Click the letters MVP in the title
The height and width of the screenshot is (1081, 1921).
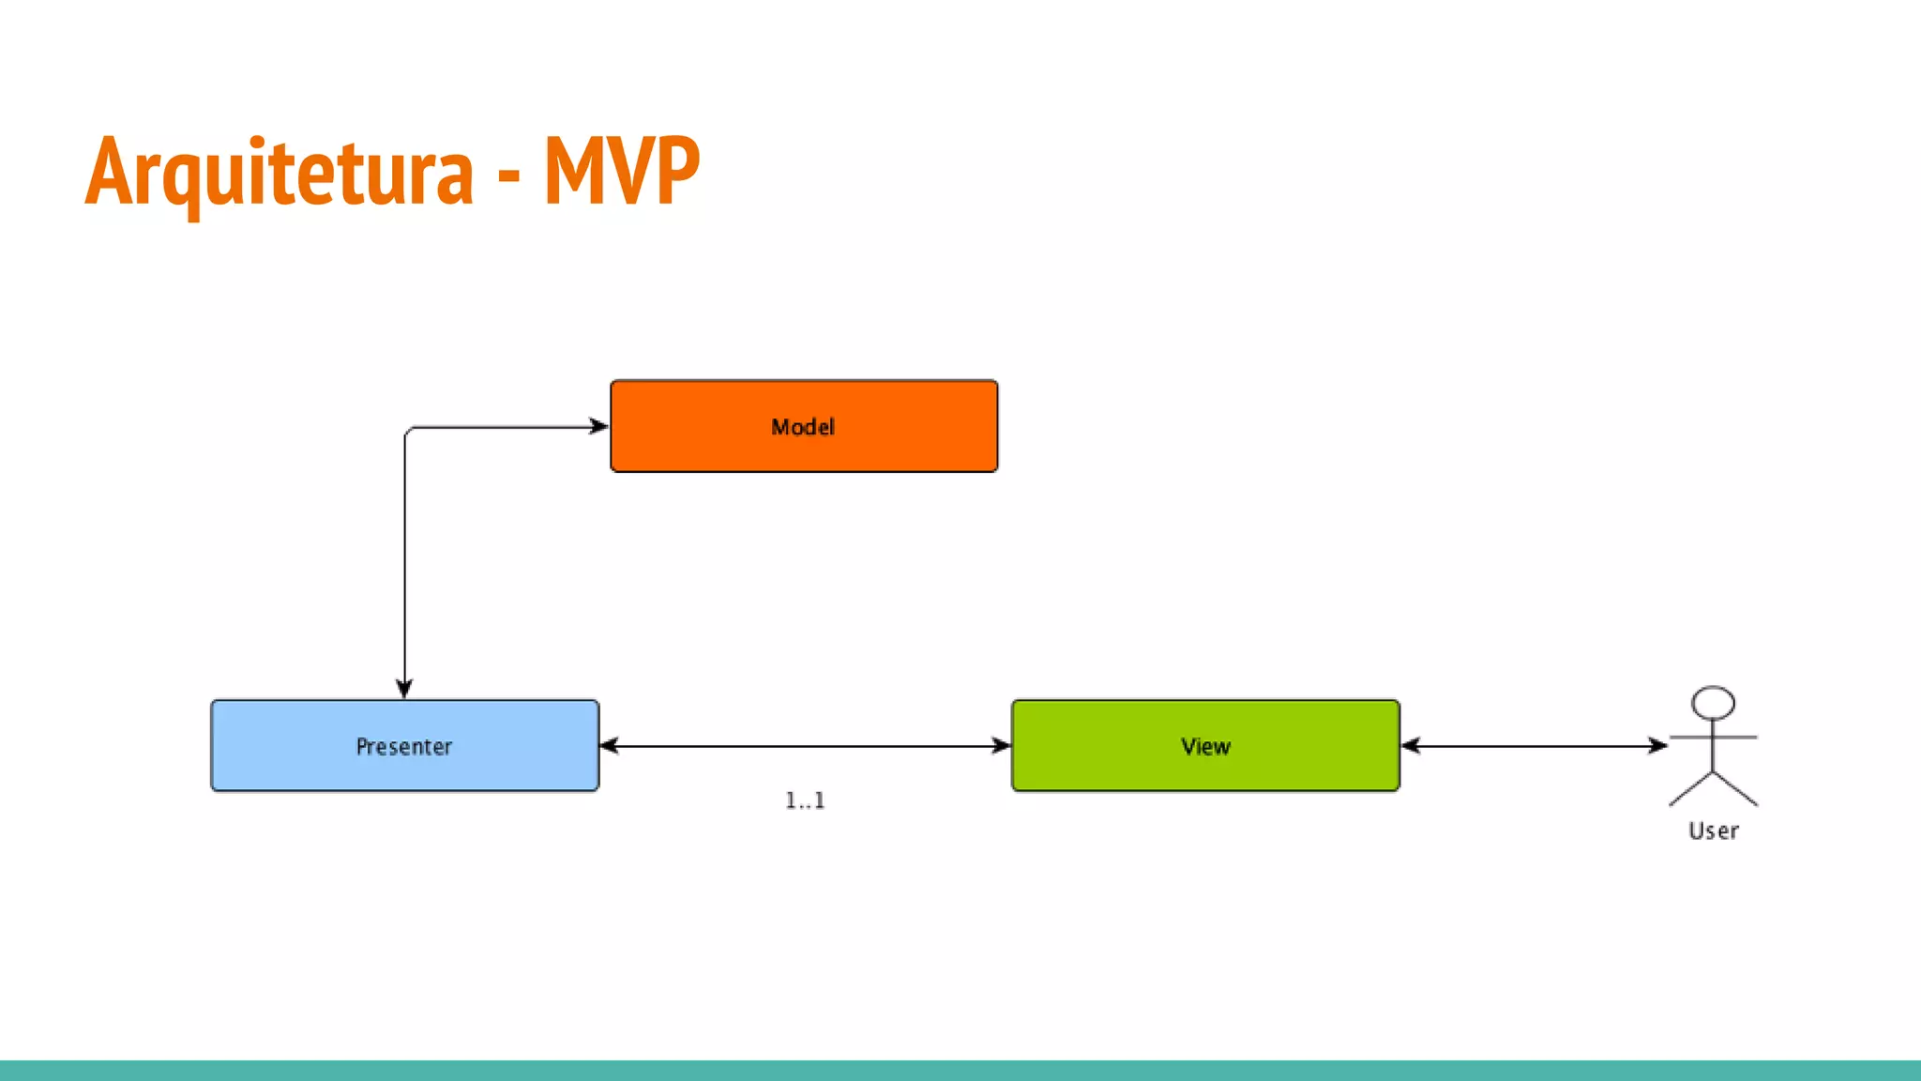(x=622, y=172)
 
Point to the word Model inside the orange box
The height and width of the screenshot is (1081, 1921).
(x=803, y=427)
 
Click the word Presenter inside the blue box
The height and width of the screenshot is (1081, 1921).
(x=404, y=747)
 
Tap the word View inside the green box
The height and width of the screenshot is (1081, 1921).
(x=1205, y=747)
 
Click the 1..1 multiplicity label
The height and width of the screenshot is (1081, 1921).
(x=805, y=800)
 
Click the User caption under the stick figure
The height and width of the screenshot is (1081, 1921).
(x=1714, y=831)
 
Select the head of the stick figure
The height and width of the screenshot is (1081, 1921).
(x=1713, y=703)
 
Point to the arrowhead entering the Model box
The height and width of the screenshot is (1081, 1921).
(x=599, y=427)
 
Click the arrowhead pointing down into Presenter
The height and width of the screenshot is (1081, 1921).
(x=405, y=689)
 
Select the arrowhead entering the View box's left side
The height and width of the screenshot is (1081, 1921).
(x=1001, y=746)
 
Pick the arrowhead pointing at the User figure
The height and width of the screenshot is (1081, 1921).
(x=1657, y=746)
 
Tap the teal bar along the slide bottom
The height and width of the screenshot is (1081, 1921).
(x=960, y=1070)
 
